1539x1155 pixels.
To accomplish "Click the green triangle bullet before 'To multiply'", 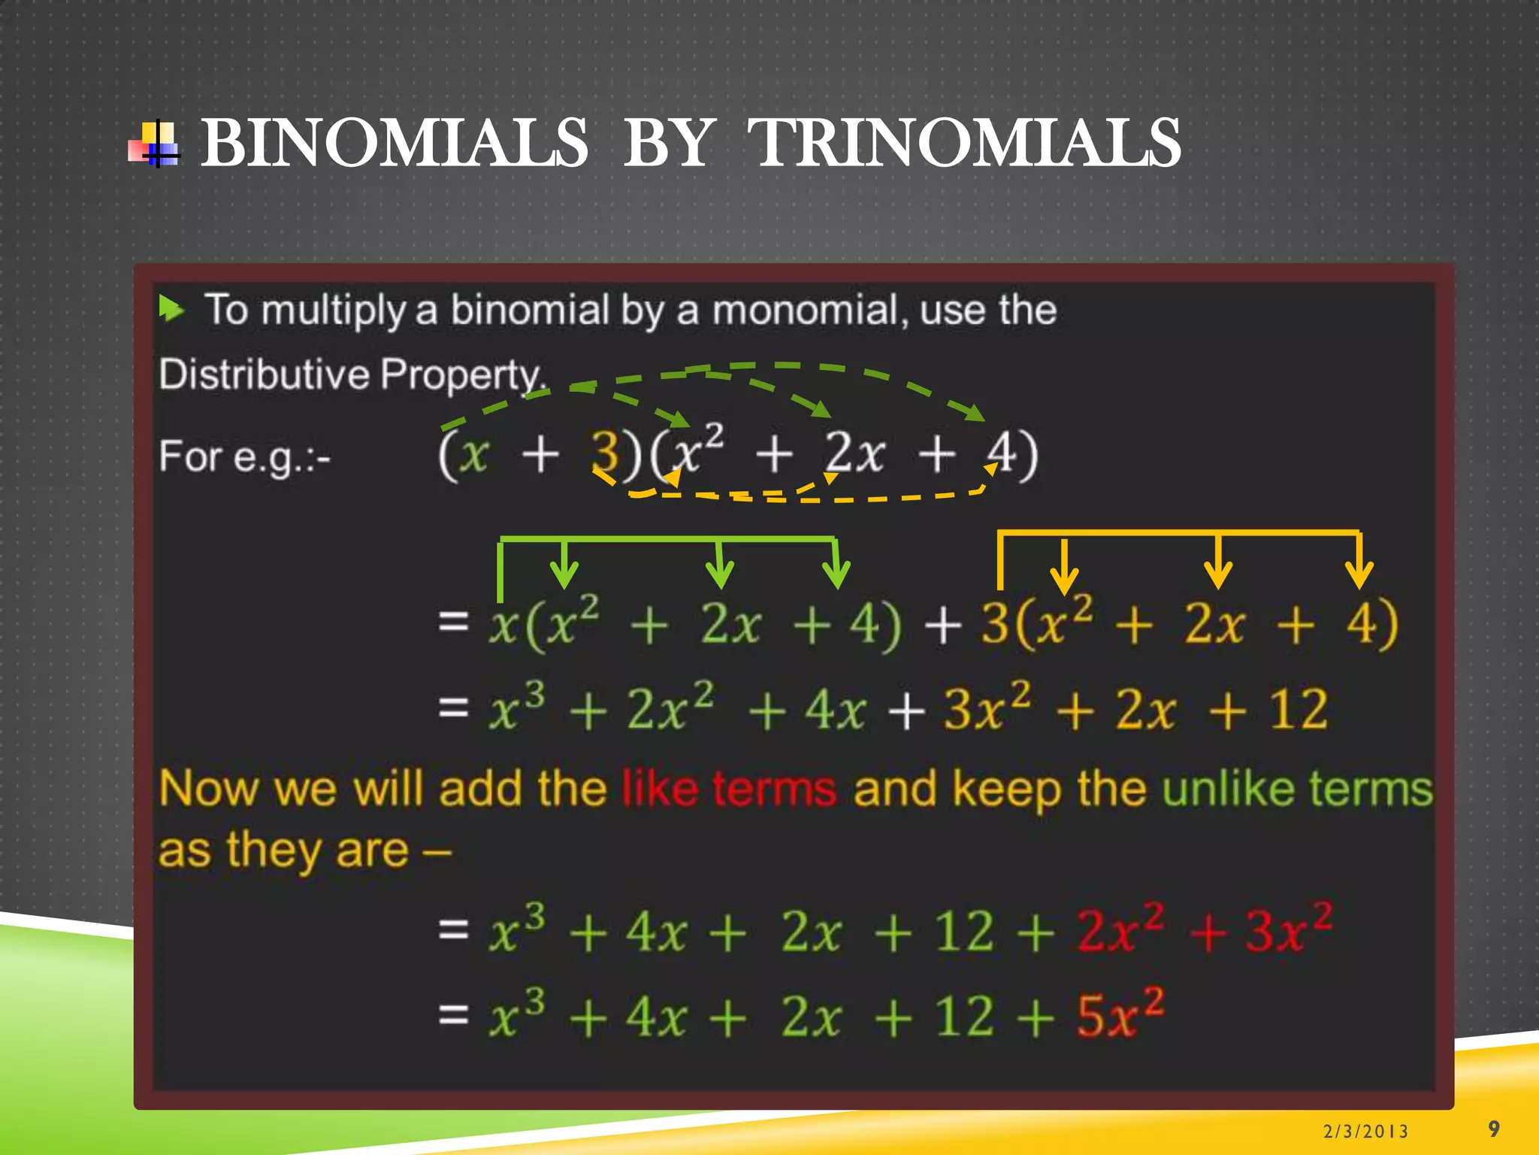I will click(x=171, y=308).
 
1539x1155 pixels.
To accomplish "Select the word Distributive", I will click(x=263, y=374).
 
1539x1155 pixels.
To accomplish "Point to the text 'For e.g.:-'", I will click(x=244, y=456).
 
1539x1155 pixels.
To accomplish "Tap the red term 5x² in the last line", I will click(x=1120, y=1015).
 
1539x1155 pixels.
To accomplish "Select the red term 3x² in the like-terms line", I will click(x=1288, y=930).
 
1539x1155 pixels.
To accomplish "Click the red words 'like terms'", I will click(x=729, y=789).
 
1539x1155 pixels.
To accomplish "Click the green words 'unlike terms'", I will click(x=1297, y=789).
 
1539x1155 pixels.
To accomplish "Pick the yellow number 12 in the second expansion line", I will click(x=1298, y=709).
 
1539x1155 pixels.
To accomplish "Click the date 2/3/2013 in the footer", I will click(x=1365, y=1131).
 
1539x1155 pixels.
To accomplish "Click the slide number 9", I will click(x=1493, y=1129).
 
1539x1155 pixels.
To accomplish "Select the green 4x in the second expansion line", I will click(x=835, y=709).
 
